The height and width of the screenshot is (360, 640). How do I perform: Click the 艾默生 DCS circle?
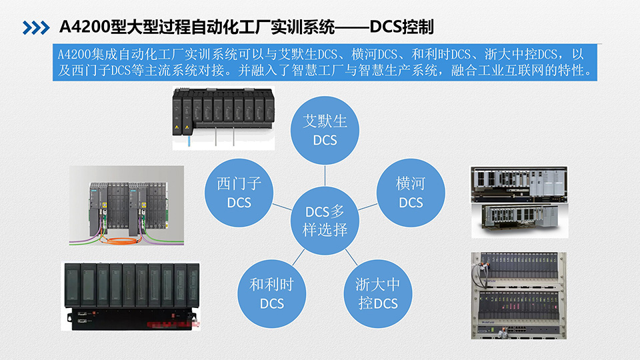click(325, 129)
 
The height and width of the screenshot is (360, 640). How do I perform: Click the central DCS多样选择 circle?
click(325, 221)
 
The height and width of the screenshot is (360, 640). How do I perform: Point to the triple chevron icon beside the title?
click(37, 27)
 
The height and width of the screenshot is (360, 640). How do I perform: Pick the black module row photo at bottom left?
click(132, 295)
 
